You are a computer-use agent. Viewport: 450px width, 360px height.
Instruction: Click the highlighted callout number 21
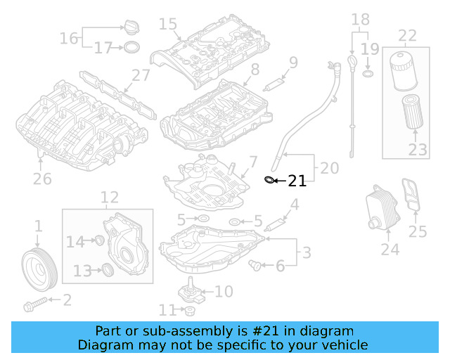(297, 181)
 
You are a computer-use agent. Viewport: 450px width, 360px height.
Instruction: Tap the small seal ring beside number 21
(268, 181)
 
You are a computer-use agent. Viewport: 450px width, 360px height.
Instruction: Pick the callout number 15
(168, 25)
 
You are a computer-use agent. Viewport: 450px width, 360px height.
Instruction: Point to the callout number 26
(42, 179)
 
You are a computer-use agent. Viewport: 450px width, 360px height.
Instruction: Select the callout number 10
(223, 291)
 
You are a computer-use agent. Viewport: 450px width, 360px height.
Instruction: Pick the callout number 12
(109, 198)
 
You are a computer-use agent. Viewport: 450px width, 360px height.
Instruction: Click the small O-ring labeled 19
(366, 73)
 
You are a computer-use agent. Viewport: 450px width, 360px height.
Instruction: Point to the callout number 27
(141, 75)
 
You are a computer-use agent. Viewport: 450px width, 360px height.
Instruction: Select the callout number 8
(254, 69)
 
